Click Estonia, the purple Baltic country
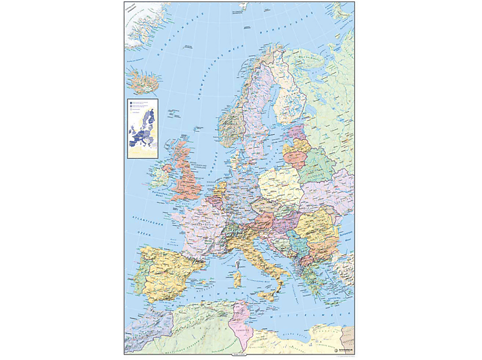pyautogui.click(x=295, y=131)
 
